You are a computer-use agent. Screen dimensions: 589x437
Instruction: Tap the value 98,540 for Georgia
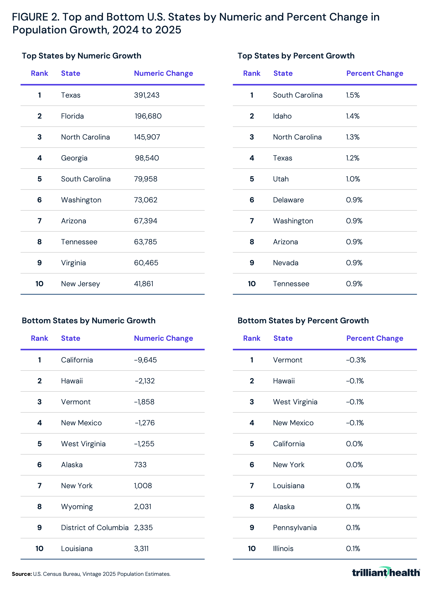[147, 158]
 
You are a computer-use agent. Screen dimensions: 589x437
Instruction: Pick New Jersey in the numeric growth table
[80, 284]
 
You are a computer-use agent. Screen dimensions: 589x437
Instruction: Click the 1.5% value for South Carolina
[353, 95]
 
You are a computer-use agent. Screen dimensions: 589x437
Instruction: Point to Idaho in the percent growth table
[282, 116]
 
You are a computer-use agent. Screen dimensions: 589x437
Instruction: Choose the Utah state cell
[281, 179]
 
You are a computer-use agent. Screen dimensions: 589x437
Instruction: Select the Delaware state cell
[288, 200]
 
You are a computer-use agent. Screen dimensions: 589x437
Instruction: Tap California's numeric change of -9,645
[145, 360]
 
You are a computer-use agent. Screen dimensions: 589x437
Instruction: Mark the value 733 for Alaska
[140, 465]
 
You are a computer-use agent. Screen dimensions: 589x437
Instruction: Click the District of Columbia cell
[95, 528]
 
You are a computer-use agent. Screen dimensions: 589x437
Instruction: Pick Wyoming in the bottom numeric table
[77, 507]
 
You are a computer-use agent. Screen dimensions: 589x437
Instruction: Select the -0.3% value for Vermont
[356, 360]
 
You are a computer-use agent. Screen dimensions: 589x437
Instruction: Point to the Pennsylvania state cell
[295, 528]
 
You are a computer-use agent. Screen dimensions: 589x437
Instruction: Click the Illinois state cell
[283, 549]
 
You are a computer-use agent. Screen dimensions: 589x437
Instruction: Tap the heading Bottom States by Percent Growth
[303, 321]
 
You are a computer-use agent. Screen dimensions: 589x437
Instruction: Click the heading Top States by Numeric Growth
[81, 56]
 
